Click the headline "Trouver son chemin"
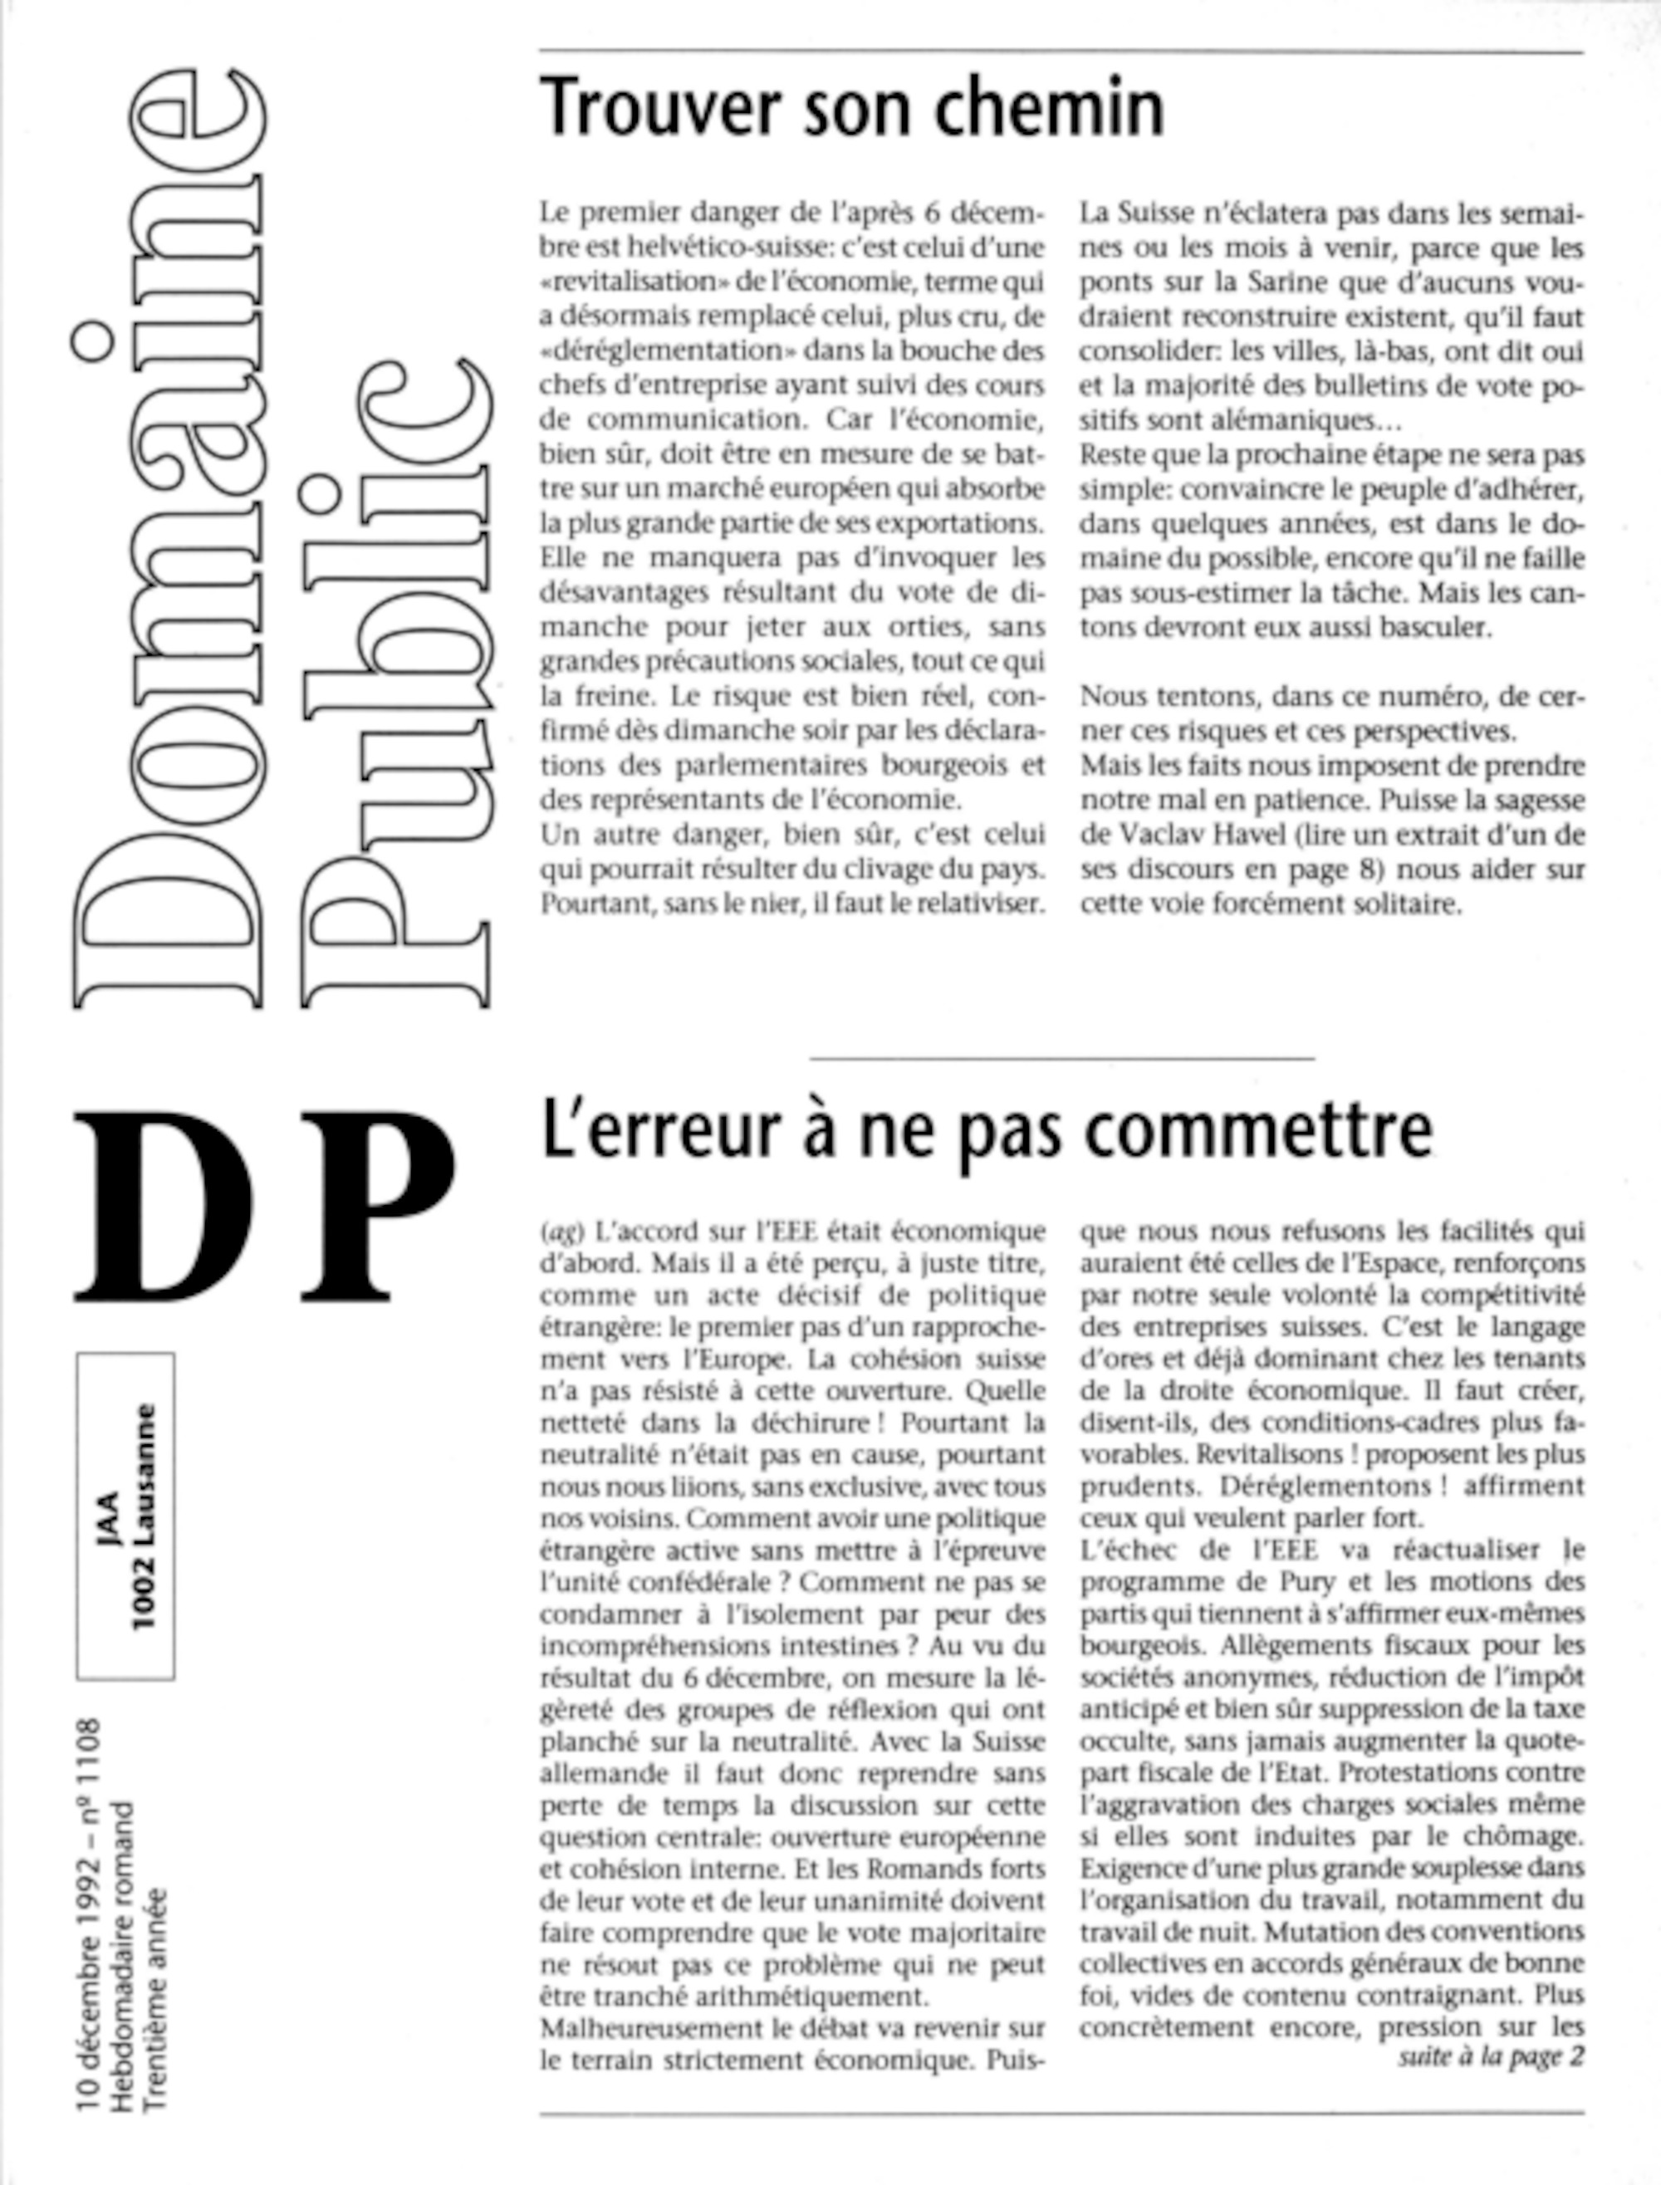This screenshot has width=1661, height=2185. pos(852,109)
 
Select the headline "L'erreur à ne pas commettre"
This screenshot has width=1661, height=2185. pos(987,1130)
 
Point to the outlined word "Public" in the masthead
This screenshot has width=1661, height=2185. pos(395,682)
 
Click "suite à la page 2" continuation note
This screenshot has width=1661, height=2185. pos(1491,2055)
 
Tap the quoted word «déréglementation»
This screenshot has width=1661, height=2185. pos(660,351)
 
